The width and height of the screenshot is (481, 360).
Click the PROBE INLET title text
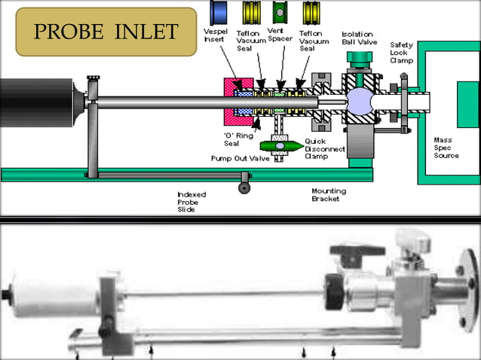pyautogui.click(x=106, y=32)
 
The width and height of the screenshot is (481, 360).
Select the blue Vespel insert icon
pyautogui.click(x=221, y=12)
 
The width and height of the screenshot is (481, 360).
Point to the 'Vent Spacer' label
pyautogui.click(x=280, y=35)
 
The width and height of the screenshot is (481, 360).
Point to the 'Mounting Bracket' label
pyautogui.click(x=329, y=195)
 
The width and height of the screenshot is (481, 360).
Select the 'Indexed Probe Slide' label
pyautogui.click(x=191, y=201)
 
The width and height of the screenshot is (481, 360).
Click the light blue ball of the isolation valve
pyautogui.click(x=357, y=101)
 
